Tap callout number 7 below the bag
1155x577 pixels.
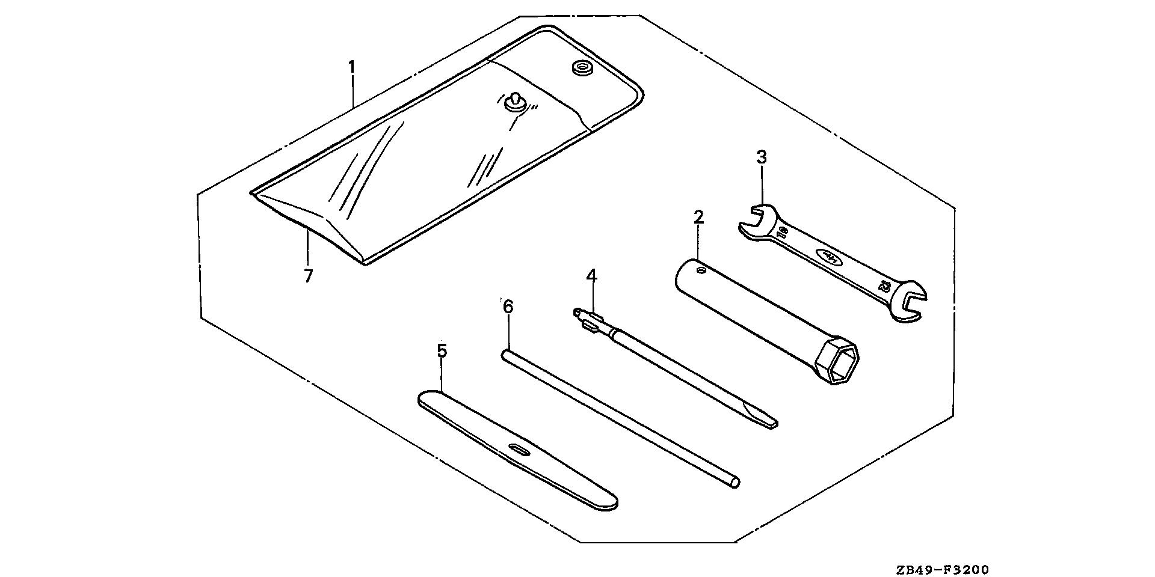pos(308,276)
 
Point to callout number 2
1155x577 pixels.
pos(698,217)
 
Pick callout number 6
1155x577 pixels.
pos(508,307)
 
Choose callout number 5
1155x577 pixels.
pos(442,351)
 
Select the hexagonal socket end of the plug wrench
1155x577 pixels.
pos(837,364)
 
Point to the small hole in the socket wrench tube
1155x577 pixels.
pos(700,271)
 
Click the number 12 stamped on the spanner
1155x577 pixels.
pos(884,285)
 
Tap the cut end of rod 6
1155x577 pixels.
pos(735,482)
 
